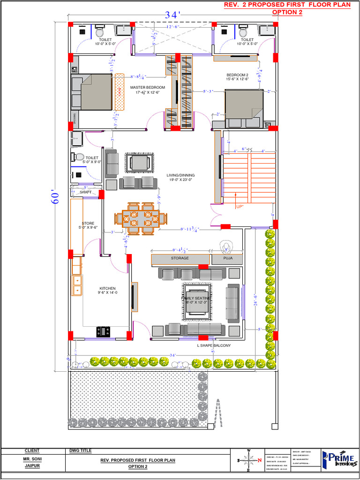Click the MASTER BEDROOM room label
coord(147,88)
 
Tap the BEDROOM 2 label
coord(237,75)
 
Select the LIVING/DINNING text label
coord(180,175)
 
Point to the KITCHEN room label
coord(107,288)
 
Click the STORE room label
coord(88,224)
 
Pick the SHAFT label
coord(86,192)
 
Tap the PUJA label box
coord(228,258)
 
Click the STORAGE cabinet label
coord(180,258)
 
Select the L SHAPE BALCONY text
coord(214,345)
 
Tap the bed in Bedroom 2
coord(243,108)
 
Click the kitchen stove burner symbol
coord(103,332)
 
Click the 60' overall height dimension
coord(55,197)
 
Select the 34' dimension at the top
coord(172,15)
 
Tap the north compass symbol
coord(249,460)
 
